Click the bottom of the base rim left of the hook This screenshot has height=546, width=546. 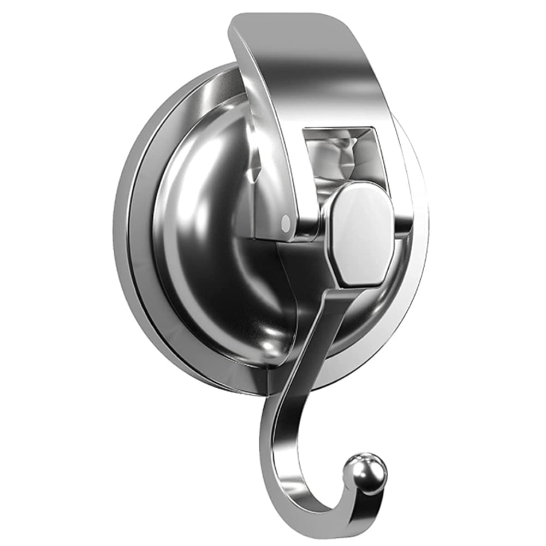(x=218, y=371)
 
